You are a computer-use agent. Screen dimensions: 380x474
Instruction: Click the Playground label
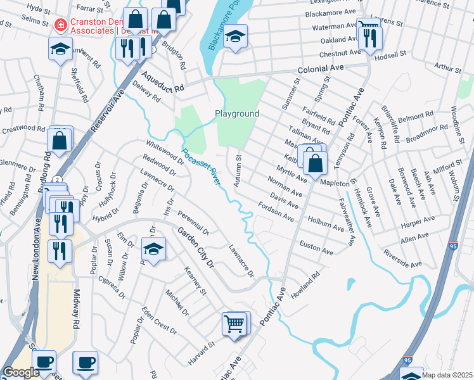(x=237, y=114)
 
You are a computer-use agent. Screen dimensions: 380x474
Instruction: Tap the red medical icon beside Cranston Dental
(x=61, y=25)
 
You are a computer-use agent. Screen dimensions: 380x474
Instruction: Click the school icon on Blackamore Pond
(x=234, y=37)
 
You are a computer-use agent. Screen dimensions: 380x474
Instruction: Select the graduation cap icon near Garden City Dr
(x=153, y=250)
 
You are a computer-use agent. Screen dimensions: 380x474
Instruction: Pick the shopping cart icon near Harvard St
(x=233, y=324)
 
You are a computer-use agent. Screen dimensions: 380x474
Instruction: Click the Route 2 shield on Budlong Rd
(x=56, y=180)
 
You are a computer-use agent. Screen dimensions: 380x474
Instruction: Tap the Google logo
(x=21, y=372)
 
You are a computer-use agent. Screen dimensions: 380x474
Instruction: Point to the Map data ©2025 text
(x=446, y=375)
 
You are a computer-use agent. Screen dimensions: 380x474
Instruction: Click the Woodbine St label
(x=454, y=118)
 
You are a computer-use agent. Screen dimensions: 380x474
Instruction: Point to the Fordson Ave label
(x=276, y=212)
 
